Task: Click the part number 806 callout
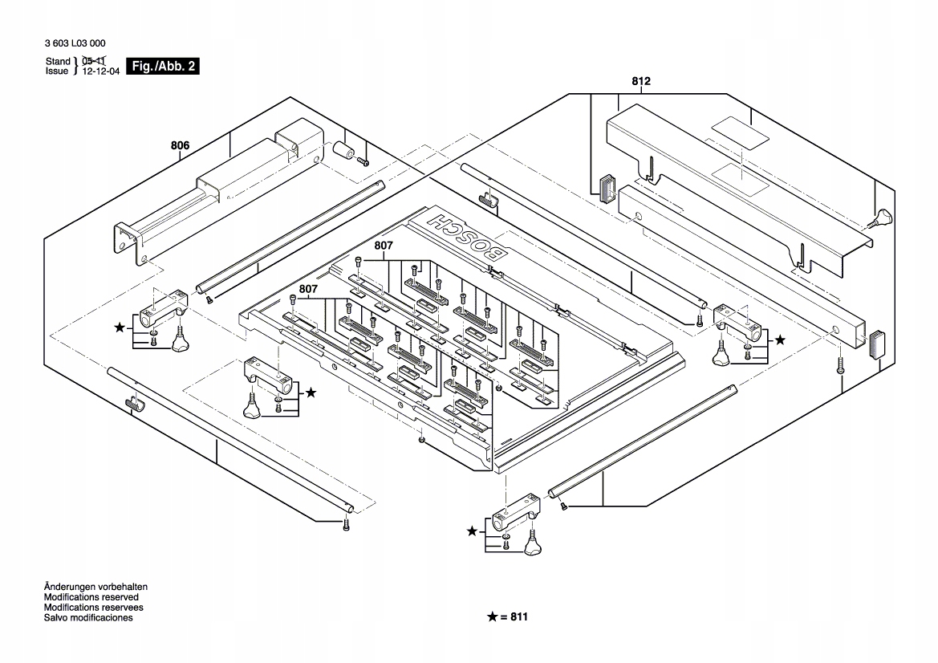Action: click(x=180, y=146)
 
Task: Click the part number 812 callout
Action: click(x=640, y=82)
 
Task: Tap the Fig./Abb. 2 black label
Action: click(x=163, y=67)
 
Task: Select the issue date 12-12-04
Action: click(x=99, y=71)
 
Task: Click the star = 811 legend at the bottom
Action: click(x=508, y=617)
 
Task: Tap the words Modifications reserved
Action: click(x=91, y=597)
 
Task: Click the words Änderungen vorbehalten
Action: click(x=95, y=587)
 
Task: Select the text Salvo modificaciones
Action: click(x=88, y=618)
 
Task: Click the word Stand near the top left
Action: click(x=58, y=61)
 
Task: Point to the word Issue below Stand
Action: click(x=58, y=71)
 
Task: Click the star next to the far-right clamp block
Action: click(x=780, y=340)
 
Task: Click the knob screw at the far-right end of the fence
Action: click(x=883, y=218)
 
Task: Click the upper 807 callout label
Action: click(x=384, y=245)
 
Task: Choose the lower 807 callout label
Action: click(x=309, y=288)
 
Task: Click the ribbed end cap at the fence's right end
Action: click(x=878, y=344)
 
